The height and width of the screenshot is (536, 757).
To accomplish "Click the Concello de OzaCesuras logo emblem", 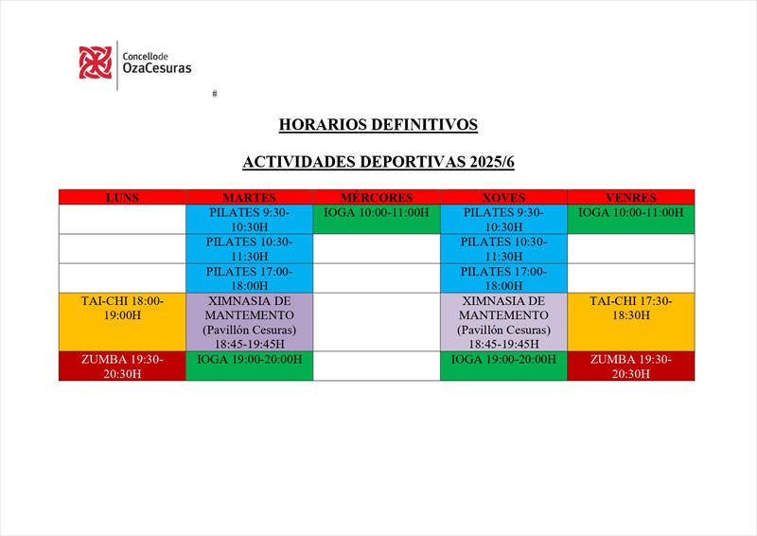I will (95, 63).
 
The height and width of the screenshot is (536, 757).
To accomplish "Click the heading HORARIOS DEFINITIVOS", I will (378, 124).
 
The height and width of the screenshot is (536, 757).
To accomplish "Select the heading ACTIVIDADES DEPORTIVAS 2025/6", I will (378, 162).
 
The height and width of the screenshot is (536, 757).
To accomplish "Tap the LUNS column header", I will (122, 197).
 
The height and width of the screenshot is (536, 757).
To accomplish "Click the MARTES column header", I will (249, 197).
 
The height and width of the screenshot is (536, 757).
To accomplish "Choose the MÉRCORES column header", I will (377, 197).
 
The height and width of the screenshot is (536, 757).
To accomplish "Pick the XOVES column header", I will (503, 197).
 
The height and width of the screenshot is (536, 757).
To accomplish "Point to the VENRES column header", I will (631, 197).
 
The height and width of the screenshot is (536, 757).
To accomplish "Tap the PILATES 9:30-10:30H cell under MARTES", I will (249, 220).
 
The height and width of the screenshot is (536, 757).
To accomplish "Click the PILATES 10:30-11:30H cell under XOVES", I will (503, 249).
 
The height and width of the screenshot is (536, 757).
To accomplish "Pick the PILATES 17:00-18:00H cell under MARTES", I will (249, 278).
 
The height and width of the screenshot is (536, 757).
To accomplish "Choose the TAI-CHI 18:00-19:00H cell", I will (122, 322).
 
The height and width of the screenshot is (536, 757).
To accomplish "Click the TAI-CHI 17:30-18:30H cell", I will (631, 322).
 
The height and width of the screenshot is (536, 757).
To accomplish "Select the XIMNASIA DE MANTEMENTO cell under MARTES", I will (249, 322).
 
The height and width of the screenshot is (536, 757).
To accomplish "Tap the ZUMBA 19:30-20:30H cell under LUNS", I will (122, 366).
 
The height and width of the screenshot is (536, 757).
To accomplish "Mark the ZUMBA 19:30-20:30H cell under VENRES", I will (631, 366).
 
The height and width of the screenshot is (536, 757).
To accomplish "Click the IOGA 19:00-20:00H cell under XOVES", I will (503, 366).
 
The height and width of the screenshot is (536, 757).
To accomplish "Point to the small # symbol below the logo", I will (215, 94).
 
